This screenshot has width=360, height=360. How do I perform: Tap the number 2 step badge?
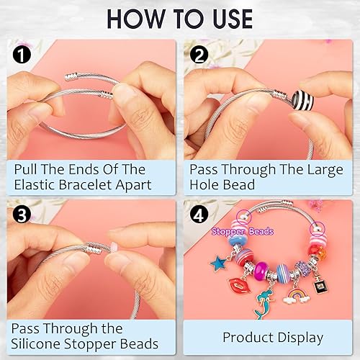(x=198, y=54)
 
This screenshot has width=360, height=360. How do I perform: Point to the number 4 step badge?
(x=198, y=214)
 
